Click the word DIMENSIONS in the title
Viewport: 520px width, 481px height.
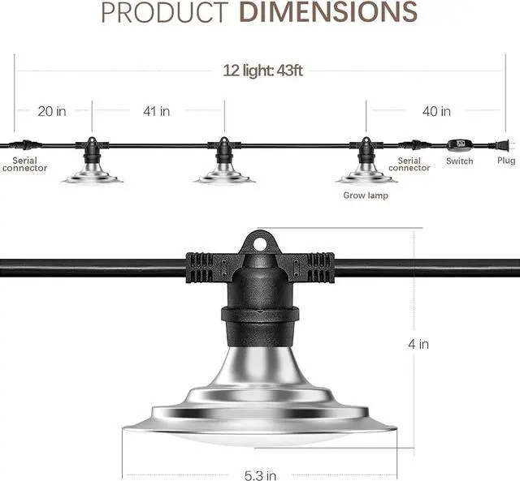[328, 12]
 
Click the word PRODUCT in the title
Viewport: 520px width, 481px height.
[164, 12]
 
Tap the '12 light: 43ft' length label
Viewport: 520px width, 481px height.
[262, 71]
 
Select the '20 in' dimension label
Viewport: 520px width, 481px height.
[52, 111]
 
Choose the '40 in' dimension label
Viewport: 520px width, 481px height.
[435, 111]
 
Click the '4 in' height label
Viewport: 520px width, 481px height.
[418, 344]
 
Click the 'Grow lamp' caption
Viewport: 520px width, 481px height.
[366, 195]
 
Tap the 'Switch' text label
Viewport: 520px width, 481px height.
[460, 161]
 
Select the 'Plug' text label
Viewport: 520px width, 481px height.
[505, 161]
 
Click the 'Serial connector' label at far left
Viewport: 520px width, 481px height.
[24, 165]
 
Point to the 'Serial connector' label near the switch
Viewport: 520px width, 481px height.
[409, 165]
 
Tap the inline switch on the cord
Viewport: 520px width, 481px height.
[460, 145]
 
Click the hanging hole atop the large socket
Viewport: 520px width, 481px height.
[259, 242]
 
